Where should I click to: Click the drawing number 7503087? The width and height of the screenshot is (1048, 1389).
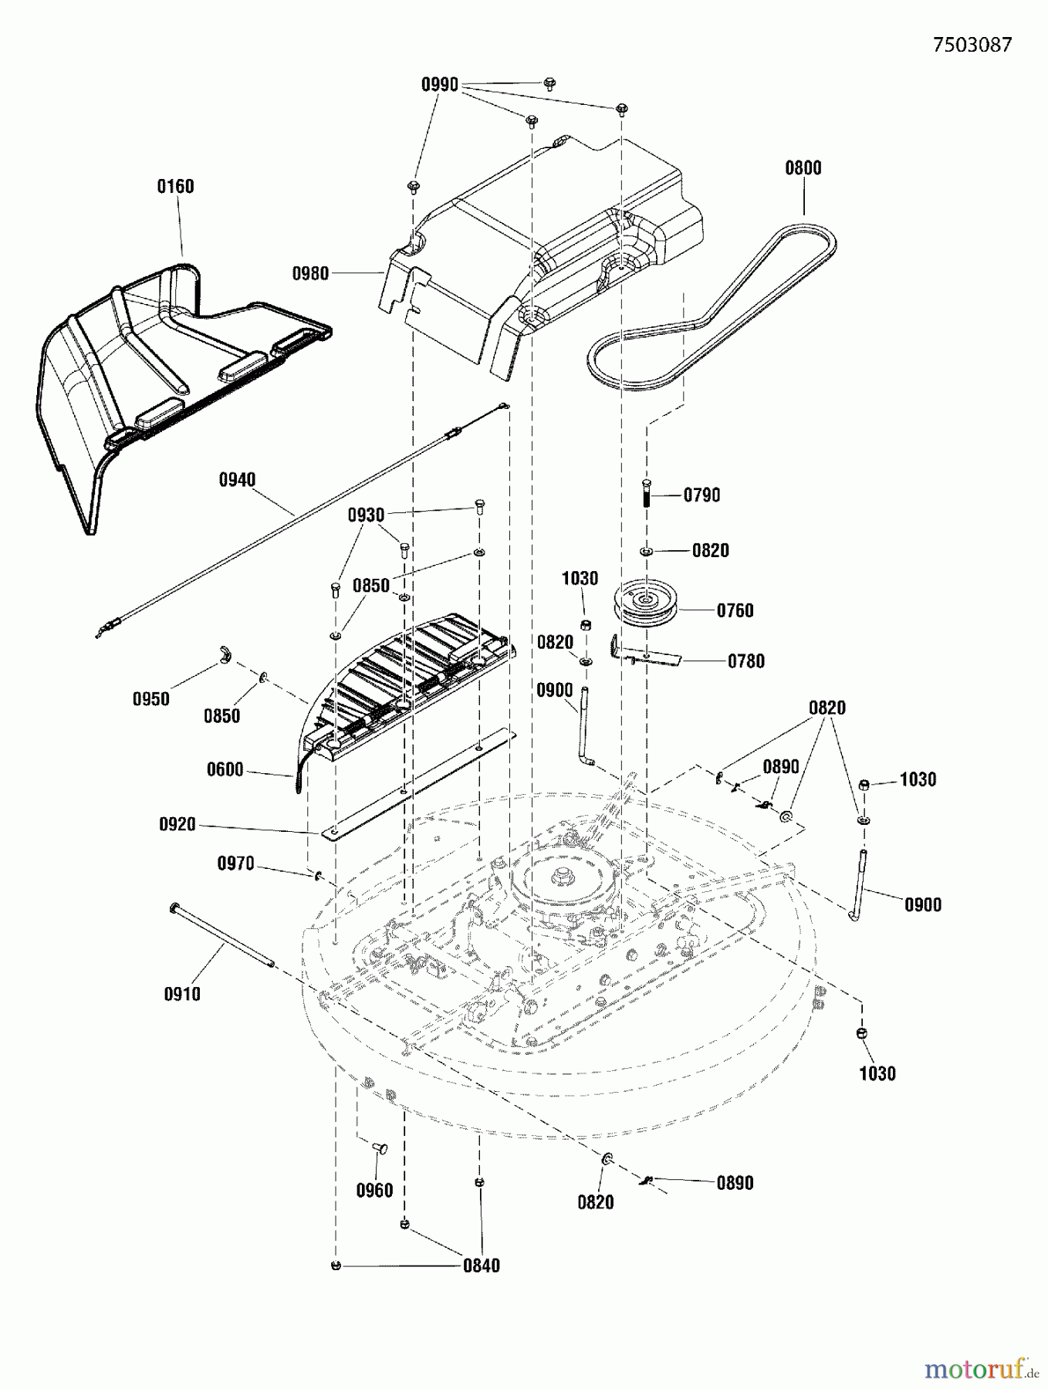[972, 45]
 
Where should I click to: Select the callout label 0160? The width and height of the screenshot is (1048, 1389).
[175, 187]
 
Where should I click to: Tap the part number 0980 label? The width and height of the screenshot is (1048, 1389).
[310, 273]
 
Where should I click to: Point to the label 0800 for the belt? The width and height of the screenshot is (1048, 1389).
[803, 168]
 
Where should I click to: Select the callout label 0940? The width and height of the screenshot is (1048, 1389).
[237, 480]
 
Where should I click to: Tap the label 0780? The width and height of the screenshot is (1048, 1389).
[745, 661]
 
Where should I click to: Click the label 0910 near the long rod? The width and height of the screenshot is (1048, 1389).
[182, 995]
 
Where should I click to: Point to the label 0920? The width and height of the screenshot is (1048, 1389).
[177, 825]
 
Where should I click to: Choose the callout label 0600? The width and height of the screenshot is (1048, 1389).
[225, 769]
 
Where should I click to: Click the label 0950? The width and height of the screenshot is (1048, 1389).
[150, 699]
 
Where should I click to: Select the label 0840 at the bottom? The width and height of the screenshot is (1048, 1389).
[482, 1266]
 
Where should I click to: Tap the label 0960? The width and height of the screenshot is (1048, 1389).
[374, 1191]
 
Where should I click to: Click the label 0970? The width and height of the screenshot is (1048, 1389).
[235, 863]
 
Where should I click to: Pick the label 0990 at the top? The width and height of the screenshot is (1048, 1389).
[439, 85]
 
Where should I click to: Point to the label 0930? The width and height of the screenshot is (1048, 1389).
[366, 515]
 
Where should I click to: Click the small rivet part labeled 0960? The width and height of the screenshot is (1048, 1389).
[381, 1150]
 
